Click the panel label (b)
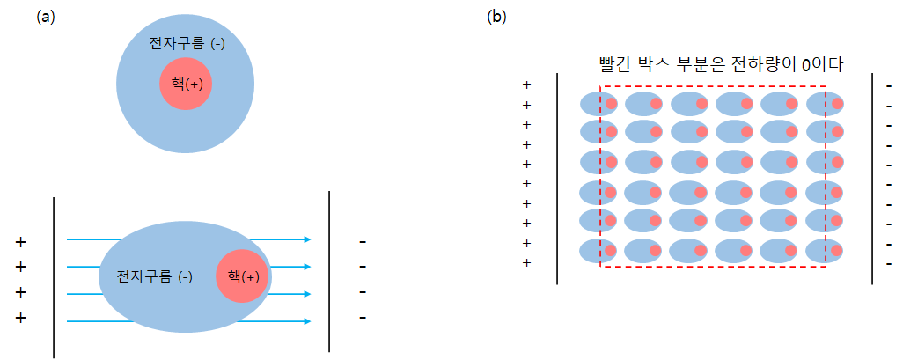(496, 17)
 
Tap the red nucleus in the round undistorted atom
(186, 84)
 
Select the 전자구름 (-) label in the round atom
(187, 43)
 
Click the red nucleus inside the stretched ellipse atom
(242, 276)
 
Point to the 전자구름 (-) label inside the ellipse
(154, 276)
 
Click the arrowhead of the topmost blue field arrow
(307, 239)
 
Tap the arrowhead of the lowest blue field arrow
(307, 321)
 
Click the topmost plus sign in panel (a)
(20, 241)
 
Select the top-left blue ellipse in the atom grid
(598, 104)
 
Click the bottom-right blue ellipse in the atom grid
(825, 251)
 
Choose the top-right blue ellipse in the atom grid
(825, 104)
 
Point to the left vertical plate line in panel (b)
(558, 179)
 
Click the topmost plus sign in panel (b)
(527, 85)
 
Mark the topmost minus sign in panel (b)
(889, 85)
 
